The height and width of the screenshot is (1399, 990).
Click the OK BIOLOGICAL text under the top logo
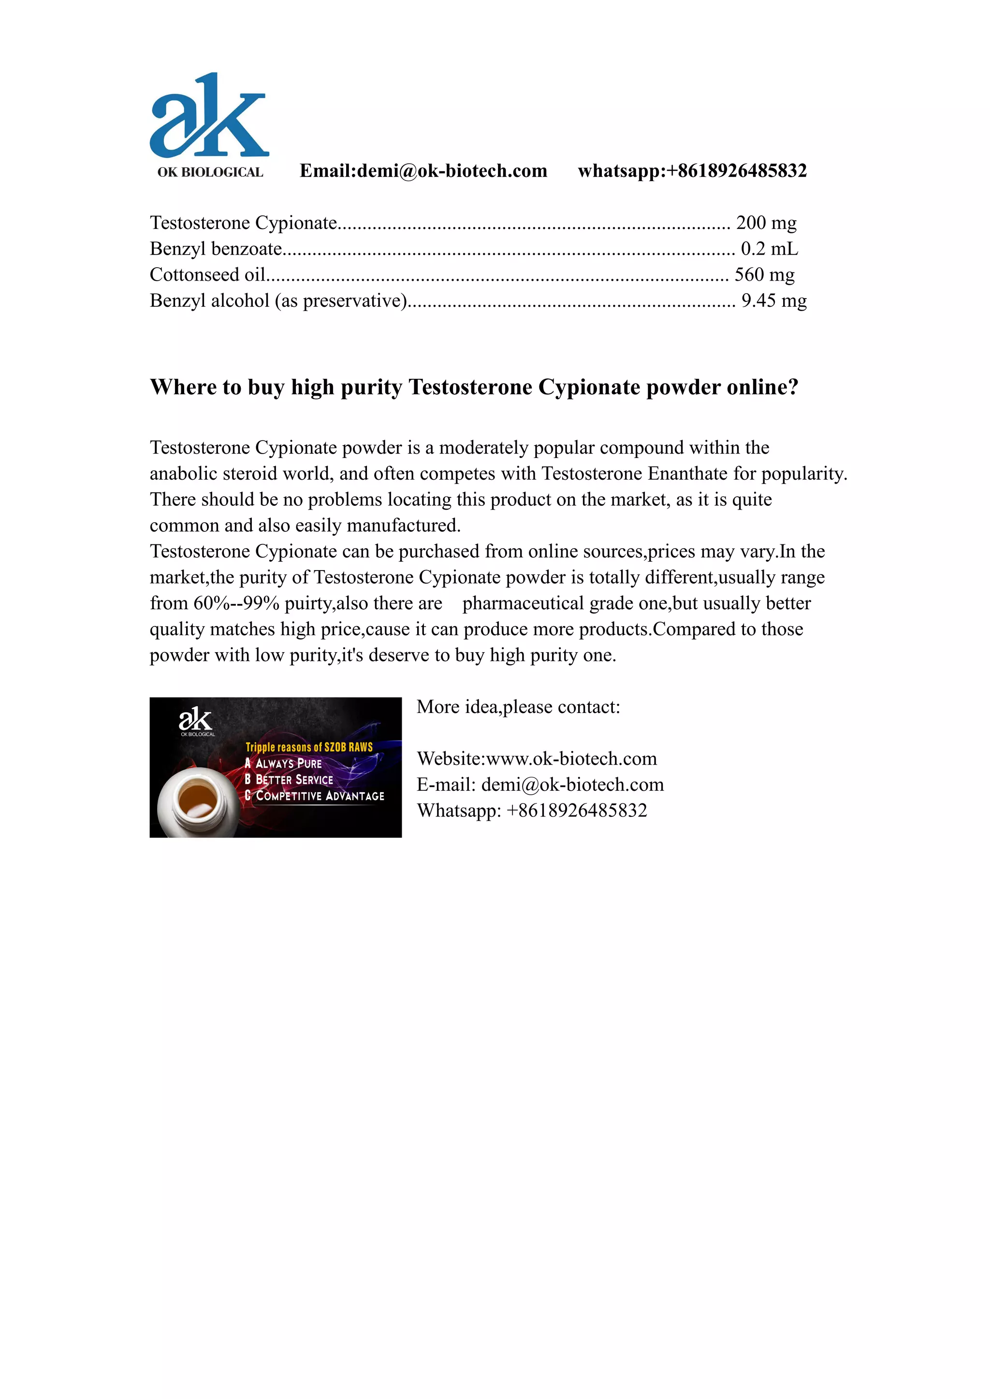(210, 172)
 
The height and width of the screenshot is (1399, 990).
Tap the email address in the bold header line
(451, 171)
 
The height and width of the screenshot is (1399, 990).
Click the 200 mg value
(766, 223)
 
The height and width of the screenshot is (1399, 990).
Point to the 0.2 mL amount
(769, 249)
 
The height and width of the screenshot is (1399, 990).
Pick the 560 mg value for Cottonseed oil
(764, 275)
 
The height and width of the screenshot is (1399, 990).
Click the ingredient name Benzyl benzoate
(216, 249)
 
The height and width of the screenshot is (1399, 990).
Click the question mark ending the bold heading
(793, 387)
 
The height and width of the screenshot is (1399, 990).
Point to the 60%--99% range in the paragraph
(236, 603)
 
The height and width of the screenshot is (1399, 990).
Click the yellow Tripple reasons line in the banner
(308, 747)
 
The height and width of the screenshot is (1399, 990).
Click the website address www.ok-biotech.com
(571, 758)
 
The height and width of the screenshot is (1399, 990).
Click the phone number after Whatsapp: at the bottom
(576, 811)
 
